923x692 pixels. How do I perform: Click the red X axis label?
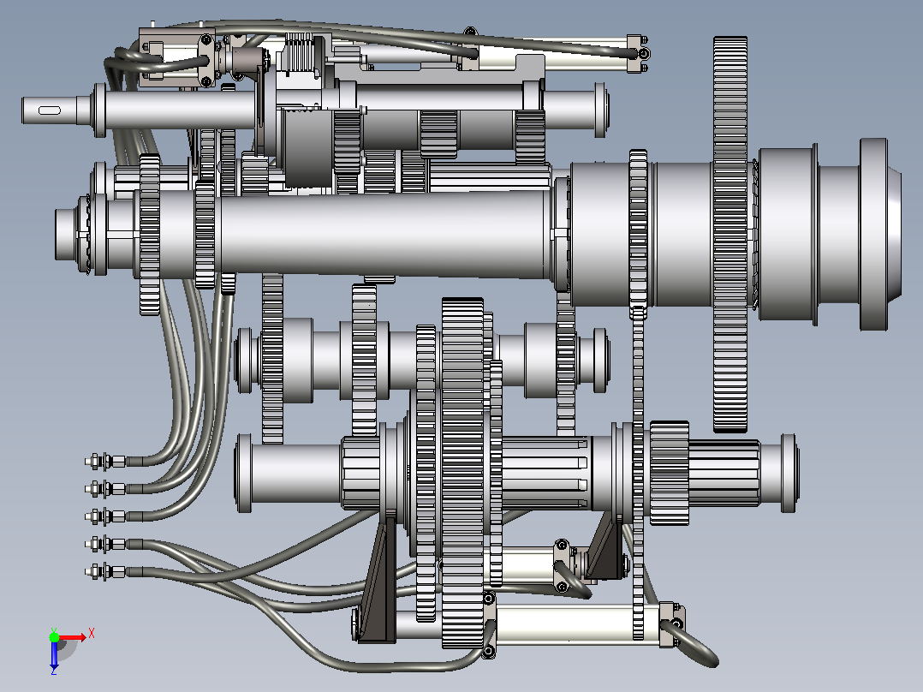pos(92,634)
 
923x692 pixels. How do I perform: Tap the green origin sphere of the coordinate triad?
pos(54,637)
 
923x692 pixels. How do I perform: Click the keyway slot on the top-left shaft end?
pos(50,110)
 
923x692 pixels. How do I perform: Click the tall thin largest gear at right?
pos(729,235)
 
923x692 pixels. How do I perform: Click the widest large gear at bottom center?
pos(462,473)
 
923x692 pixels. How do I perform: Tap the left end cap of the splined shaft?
pos(244,473)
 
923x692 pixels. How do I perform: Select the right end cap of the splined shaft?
pos(789,473)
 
